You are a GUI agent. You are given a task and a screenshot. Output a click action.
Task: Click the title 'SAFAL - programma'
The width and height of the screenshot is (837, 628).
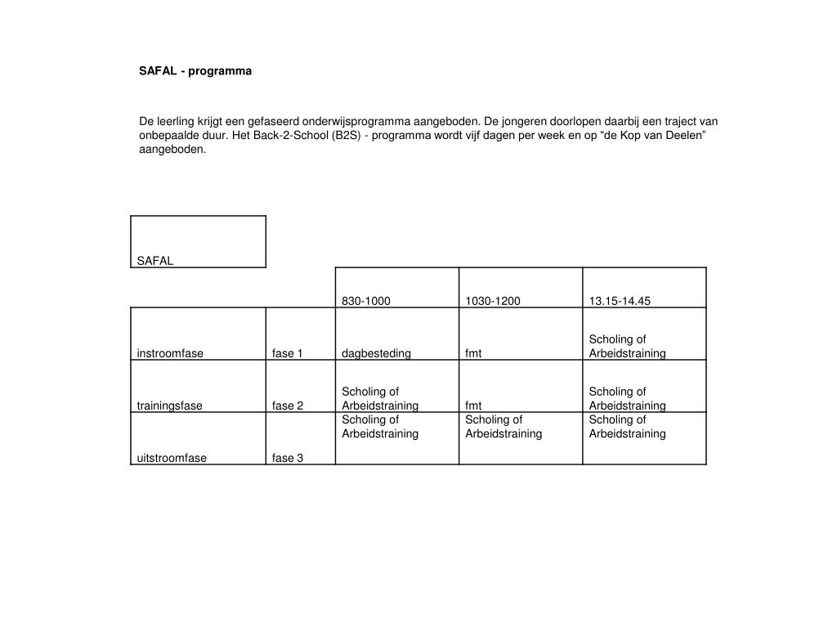pos(195,71)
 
